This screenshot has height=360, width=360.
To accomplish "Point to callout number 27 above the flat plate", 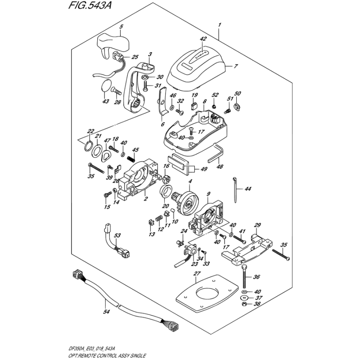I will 196,274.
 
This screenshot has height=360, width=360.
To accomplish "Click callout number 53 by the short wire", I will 117,235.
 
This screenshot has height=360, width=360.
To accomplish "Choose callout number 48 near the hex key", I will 220,166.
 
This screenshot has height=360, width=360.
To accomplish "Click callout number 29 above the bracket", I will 258,225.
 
